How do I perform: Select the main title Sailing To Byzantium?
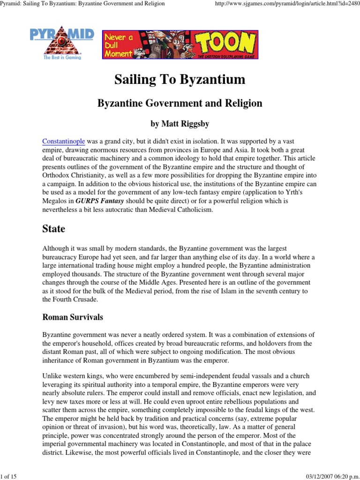point(180,80)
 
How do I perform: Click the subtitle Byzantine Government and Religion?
point(180,103)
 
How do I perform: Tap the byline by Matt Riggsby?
point(180,124)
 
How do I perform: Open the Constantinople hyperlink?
point(63,142)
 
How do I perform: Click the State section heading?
point(53,229)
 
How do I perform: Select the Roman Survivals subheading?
point(73,317)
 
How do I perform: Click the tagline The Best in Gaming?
point(62,58)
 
